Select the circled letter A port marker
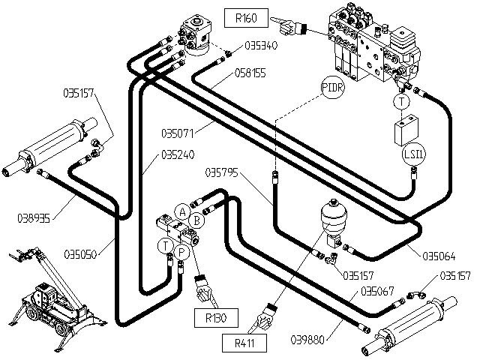coord(182,211)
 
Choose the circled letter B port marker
coord(195,220)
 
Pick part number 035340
coord(262,46)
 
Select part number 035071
coord(178,135)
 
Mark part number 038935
coord(34,218)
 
